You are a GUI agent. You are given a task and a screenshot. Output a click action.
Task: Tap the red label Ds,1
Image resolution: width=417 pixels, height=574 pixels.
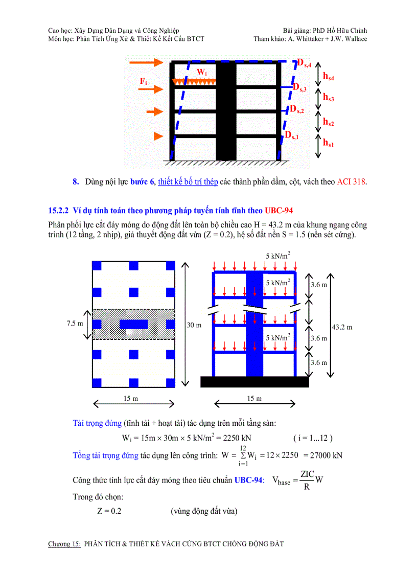coord(292,135)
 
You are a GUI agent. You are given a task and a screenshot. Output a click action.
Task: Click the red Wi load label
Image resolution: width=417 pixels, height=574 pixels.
coord(202,73)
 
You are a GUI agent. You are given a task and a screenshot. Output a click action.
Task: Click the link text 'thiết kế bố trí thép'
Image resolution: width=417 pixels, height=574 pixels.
coord(188,181)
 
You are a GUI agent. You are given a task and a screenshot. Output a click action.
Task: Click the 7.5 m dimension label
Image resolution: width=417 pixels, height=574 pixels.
coord(75,324)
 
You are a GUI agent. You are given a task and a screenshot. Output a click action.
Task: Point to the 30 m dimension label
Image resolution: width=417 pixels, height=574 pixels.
coord(194,325)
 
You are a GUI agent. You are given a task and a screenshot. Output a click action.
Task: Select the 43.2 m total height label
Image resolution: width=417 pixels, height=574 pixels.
coord(342,327)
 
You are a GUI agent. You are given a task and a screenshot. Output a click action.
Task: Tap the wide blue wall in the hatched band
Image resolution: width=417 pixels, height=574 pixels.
coord(133,324)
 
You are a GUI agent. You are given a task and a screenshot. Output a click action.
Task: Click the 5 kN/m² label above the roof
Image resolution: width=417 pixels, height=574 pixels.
coord(278,256)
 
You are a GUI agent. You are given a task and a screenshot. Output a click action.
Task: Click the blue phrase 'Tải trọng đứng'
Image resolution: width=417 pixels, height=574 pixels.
coord(97,423)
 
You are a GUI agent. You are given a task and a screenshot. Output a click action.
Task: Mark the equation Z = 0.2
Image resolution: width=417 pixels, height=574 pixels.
coord(109,511)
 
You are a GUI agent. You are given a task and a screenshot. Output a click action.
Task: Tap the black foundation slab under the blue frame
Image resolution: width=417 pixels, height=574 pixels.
coord(254,382)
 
